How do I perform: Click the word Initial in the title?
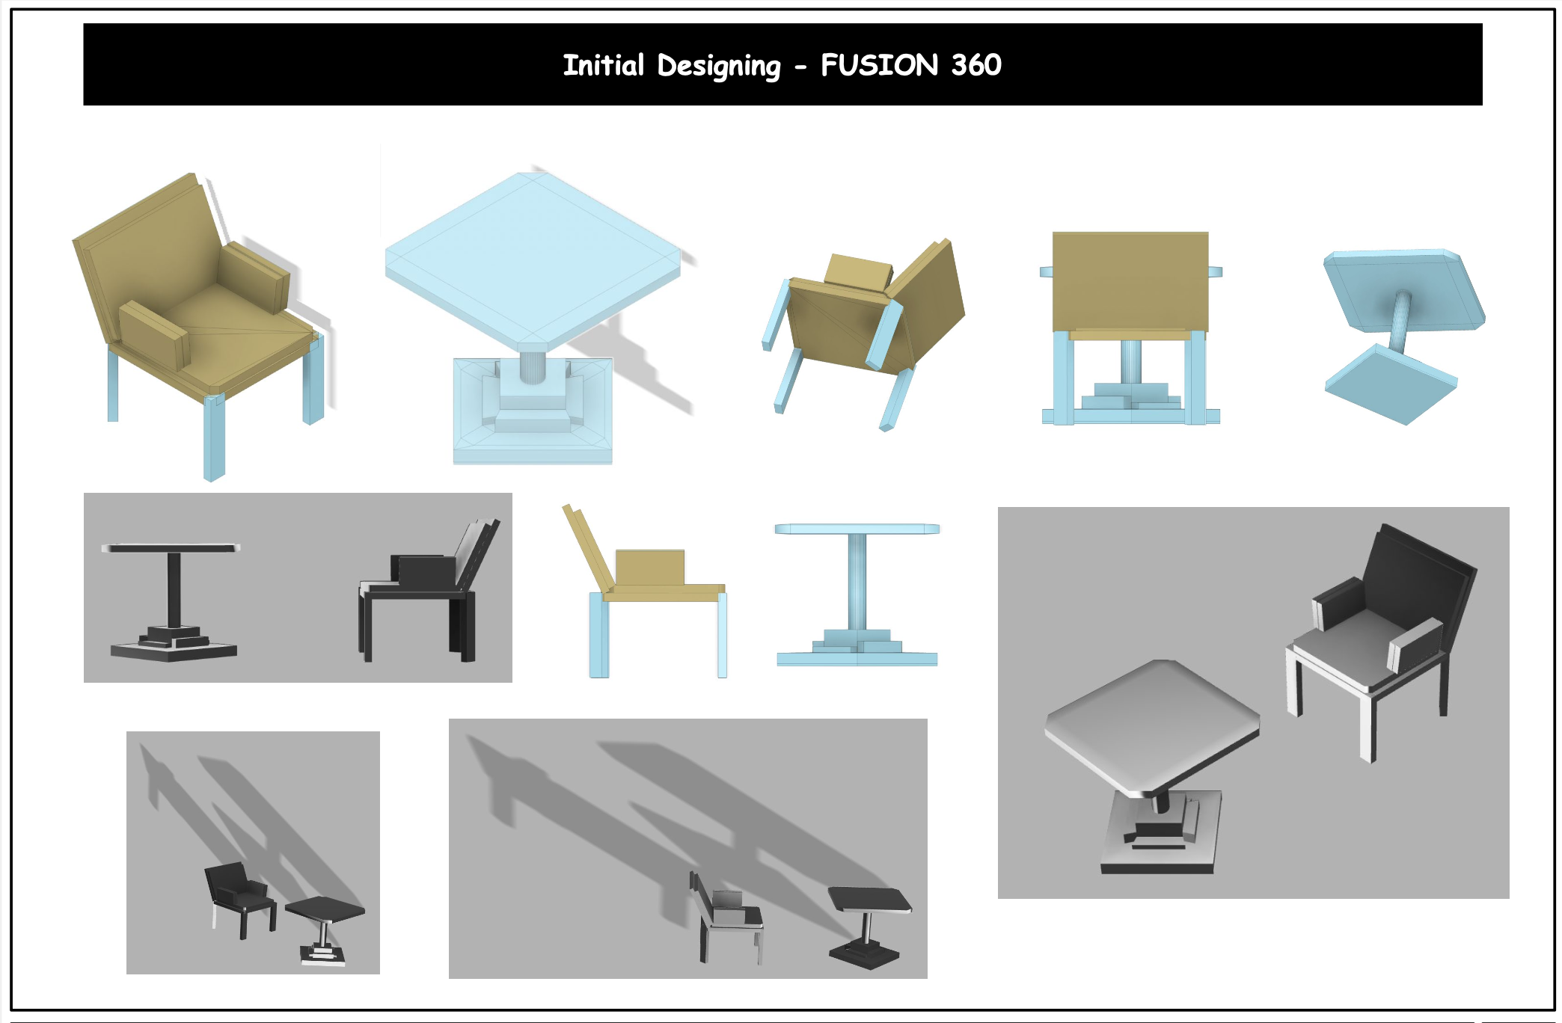pos(603,65)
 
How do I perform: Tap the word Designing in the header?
pos(718,66)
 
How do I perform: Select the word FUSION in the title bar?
pos(879,65)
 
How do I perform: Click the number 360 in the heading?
pos(976,65)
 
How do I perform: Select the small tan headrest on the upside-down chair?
pos(859,271)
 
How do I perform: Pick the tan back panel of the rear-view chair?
pos(1130,280)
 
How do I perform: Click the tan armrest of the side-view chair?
pos(649,567)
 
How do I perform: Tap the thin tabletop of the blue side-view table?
pos(857,529)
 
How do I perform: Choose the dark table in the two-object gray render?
pos(173,598)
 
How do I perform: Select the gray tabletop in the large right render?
pos(1152,722)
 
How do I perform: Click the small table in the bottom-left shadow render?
pos(325,924)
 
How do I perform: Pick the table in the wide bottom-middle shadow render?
pos(868,924)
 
